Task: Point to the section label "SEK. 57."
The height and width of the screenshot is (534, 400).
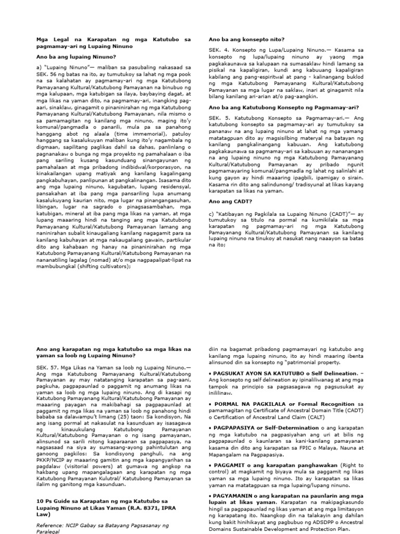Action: (47, 367)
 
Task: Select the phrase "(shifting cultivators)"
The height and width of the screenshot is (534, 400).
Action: (104, 265)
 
